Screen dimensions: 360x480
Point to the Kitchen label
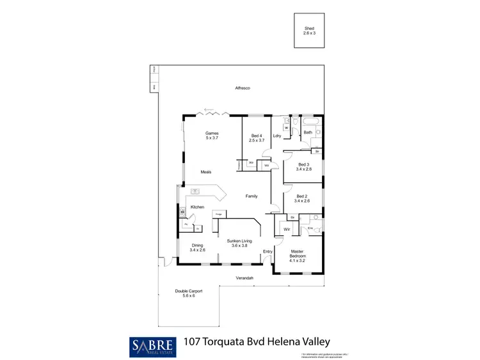coord(196,207)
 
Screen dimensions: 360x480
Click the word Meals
coord(206,172)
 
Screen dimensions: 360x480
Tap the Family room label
coord(252,196)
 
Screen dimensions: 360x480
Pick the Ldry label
coord(277,136)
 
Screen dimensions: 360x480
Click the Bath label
coord(308,132)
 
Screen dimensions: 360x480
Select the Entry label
coord(268,251)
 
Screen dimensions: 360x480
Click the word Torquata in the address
coord(237,343)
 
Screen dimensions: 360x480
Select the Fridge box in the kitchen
coord(218,214)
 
